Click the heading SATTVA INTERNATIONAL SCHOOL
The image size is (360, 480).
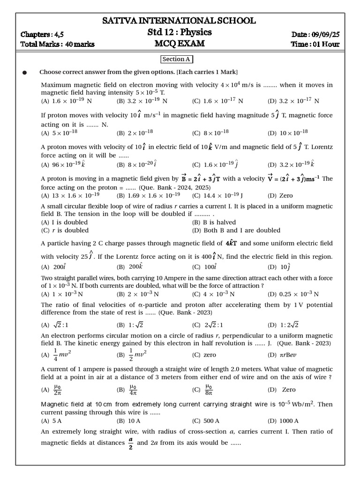[x=179, y=21]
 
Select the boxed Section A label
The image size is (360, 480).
[x=177, y=60]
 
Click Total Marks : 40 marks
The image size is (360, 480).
[x=58, y=45]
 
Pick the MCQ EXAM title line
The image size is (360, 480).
[x=180, y=44]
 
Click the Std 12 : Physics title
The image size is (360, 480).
[x=180, y=32]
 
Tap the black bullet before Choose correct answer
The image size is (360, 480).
[x=25, y=73]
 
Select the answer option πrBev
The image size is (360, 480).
[x=288, y=355]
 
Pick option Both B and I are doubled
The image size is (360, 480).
[x=236, y=230]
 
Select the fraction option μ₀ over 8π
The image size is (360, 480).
[x=209, y=390]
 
